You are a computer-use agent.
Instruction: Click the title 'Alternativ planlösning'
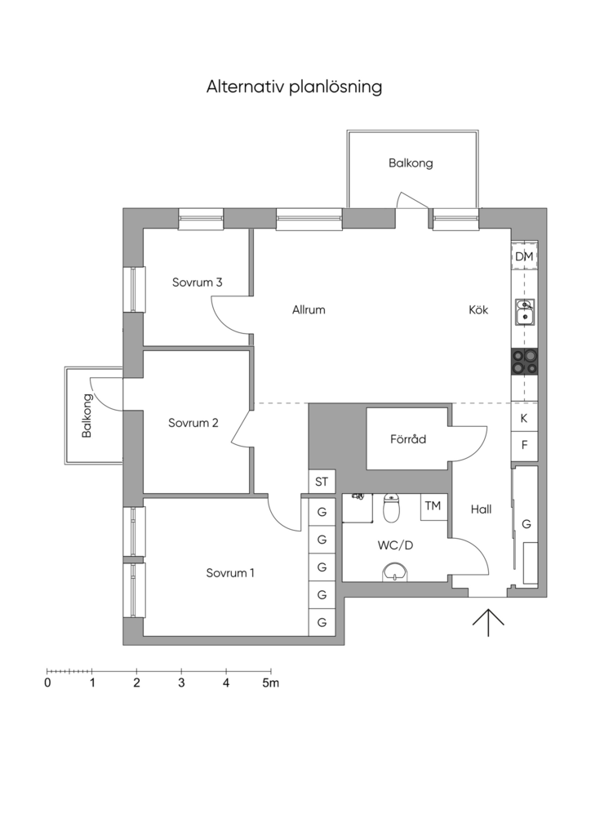294,87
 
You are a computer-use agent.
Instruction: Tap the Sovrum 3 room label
197,282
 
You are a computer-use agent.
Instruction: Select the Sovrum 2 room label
193,423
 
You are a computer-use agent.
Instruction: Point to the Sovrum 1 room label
229,573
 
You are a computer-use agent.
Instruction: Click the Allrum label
309,309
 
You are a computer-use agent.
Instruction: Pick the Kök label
478,309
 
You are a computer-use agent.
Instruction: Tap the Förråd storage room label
407,438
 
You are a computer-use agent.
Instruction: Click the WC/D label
395,545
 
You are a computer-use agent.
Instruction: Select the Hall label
481,509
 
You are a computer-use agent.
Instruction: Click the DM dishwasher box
524,256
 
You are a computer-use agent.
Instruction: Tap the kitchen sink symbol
525,312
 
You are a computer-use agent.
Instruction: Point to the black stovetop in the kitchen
525,361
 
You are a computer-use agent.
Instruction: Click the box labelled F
524,446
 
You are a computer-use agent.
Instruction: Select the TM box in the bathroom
433,506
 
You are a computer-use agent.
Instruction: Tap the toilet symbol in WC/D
392,508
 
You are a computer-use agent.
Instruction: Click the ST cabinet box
322,482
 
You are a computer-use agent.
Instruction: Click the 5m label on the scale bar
270,683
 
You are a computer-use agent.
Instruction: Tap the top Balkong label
411,163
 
